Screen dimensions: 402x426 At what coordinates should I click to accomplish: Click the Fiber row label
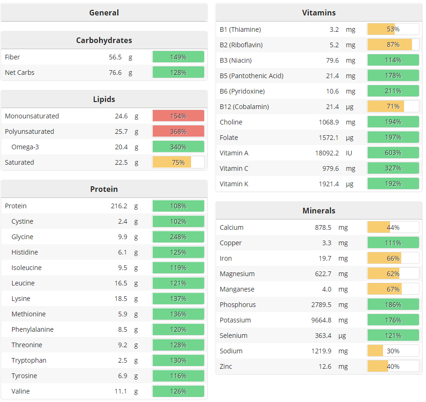[x=13, y=57]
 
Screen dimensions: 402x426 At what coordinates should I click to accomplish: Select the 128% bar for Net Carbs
[x=178, y=73]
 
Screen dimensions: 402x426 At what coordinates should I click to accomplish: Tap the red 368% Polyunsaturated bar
[x=178, y=132]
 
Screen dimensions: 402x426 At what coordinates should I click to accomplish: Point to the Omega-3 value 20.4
[x=121, y=147]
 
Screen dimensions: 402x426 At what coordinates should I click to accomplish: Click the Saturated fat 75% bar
[x=178, y=162]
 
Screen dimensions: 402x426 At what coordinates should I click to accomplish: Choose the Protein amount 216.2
[x=119, y=206]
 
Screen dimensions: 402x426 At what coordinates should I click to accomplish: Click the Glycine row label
[x=22, y=237]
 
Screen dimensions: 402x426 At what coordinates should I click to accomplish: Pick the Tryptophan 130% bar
[x=178, y=360]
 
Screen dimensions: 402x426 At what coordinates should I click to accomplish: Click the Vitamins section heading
[x=319, y=13]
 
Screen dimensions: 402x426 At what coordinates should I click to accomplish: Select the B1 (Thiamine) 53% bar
[x=393, y=29]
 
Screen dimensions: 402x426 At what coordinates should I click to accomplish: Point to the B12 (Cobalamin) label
[x=244, y=107]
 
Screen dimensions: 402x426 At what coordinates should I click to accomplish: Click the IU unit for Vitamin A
[x=349, y=153]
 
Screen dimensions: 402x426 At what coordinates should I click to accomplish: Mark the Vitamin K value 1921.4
[x=329, y=184]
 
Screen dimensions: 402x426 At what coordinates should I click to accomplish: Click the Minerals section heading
[x=319, y=211]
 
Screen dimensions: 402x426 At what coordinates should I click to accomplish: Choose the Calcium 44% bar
[x=393, y=227]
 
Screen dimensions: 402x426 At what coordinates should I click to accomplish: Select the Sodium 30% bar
[x=393, y=351]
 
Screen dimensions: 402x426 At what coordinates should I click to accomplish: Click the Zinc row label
[x=226, y=366]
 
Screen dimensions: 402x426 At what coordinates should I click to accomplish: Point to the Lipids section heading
[x=104, y=99]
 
